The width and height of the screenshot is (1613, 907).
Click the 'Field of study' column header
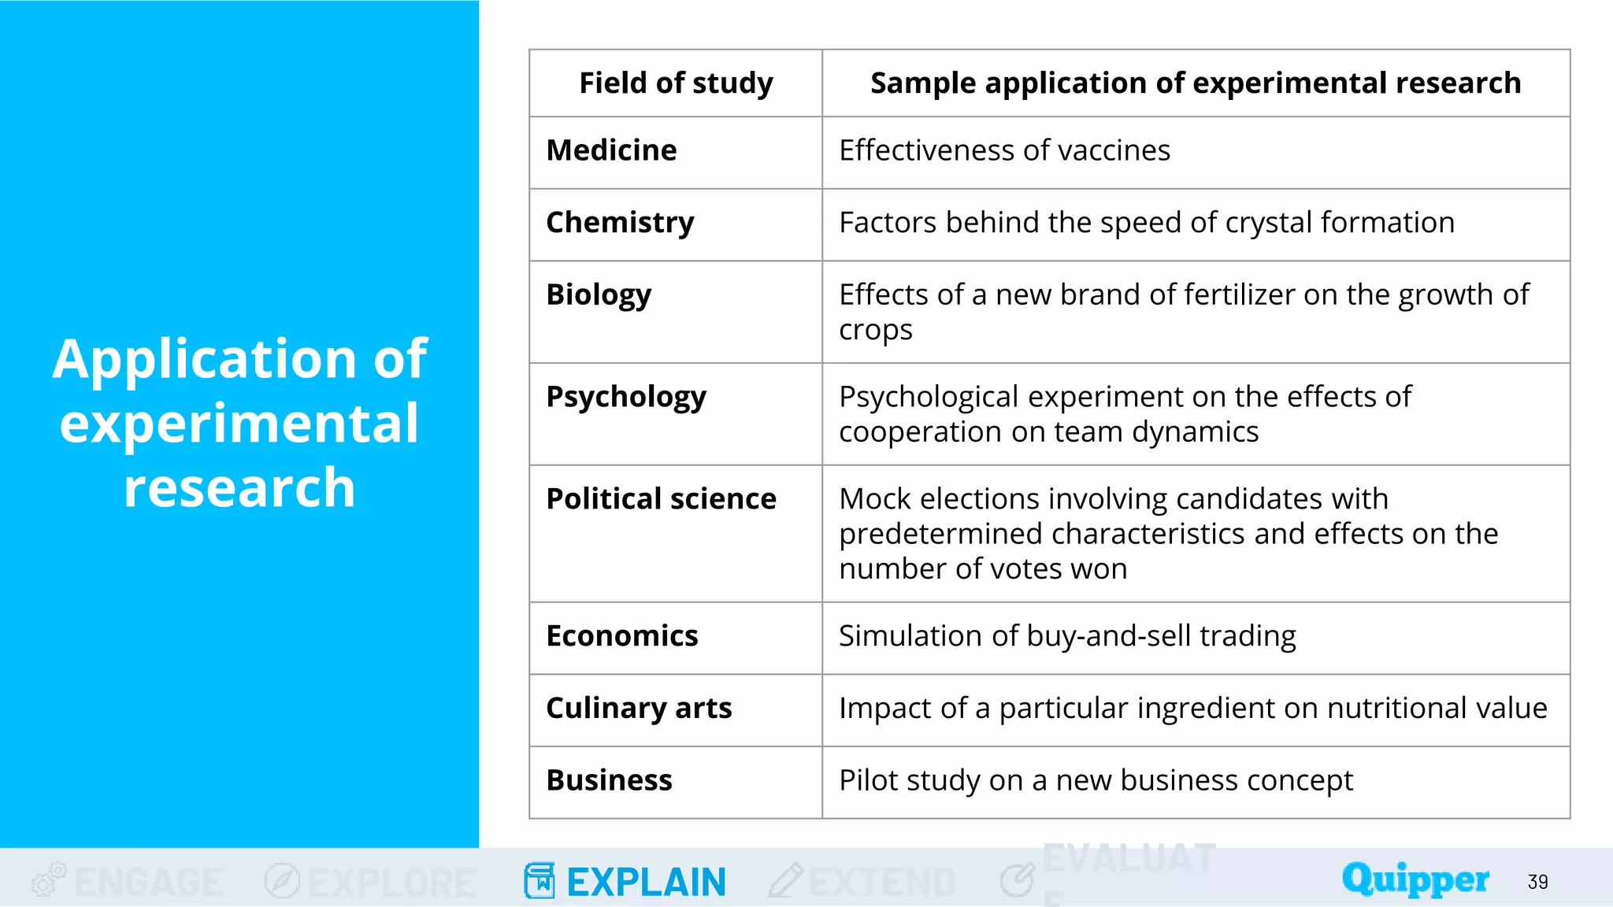(x=676, y=83)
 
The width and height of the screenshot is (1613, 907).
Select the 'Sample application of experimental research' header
(x=1195, y=83)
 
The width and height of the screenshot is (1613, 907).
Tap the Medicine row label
(x=611, y=150)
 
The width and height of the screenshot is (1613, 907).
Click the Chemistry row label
(x=620, y=223)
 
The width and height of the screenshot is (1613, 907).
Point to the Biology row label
(x=599, y=295)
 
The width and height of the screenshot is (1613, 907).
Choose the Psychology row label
(x=626, y=397)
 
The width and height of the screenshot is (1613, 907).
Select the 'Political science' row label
(x=661, y=499)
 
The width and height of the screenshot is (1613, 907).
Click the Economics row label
(x=621, y=636)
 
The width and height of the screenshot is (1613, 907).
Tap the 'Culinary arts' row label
(x=639, y=709)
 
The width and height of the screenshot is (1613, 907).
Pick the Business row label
(x=609, y=780)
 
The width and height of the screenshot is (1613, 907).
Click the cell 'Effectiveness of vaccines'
(x=1004, y=150)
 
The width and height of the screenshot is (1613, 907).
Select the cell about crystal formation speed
(x=1146, y=223)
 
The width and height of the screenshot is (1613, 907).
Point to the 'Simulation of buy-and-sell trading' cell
(x=1067, y=636)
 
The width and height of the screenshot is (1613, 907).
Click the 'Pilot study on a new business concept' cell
(x=1096, y=780)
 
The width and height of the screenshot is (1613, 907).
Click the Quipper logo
(x=1415, y=879)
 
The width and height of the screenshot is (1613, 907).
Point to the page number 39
(x=1537, y=882)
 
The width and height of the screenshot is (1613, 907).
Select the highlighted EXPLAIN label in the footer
(x=646, y=882)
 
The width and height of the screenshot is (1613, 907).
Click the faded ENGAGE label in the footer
(x=149, y=882)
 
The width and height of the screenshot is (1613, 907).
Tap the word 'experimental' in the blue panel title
(x=239, y=424)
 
